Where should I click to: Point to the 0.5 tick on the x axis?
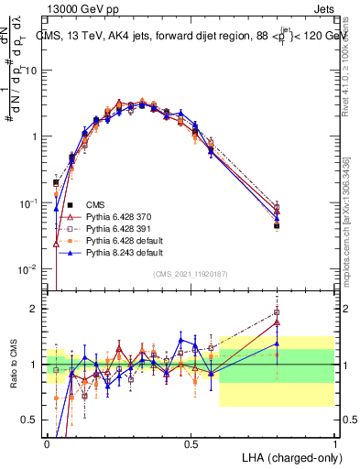[191, 442]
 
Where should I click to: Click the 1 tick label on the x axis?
[335, 442]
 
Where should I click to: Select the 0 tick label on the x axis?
[48, 442]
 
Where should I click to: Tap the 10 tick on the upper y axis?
[32, 71]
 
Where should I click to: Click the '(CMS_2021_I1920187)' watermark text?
[191, 274]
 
